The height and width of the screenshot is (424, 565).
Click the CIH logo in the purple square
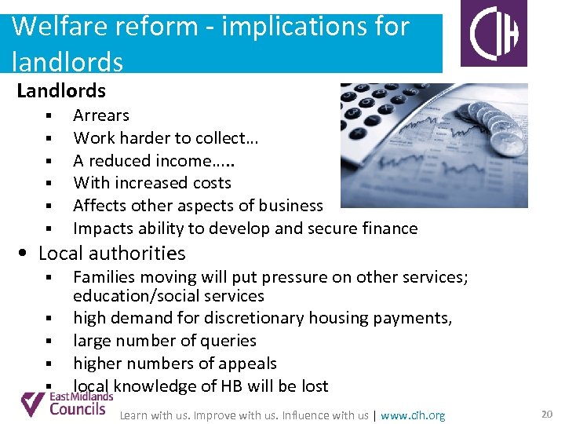point(494,34)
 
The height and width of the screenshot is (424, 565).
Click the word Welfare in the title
point(51,27)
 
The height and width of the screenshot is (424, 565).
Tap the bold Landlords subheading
point(61,92)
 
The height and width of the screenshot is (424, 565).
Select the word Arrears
point(101,115)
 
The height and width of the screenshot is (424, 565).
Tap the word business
point(290,206)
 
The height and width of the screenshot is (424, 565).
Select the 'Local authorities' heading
point(111,253)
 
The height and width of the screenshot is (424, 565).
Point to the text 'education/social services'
point(168,296)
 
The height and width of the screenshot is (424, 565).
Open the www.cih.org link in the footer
point(413,415)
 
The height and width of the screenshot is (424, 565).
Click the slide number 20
point(547,414)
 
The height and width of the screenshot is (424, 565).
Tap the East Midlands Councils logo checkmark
point(33,404)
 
